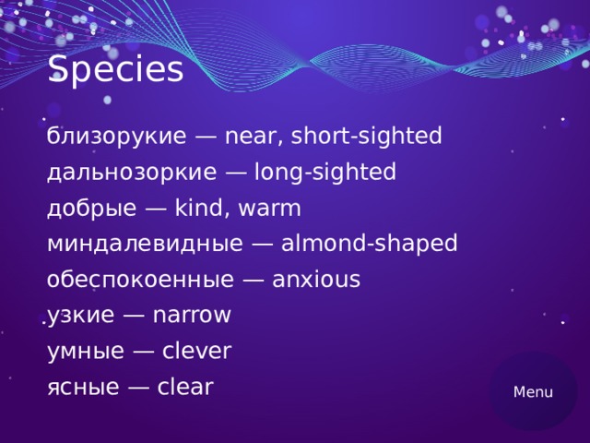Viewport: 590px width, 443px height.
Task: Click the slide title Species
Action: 115,70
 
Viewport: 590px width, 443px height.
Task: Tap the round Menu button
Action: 533,391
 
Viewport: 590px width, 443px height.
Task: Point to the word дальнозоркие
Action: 132,173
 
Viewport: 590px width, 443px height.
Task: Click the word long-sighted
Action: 324,173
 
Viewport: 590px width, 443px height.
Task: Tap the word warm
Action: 269,209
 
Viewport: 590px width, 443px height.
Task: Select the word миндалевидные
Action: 144,245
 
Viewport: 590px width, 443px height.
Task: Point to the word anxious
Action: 316,280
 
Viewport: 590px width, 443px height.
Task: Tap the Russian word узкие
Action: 80,316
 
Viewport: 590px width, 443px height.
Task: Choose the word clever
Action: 196,352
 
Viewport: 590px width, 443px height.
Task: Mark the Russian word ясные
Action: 82,387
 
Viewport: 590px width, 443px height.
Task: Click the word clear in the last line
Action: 185,387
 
